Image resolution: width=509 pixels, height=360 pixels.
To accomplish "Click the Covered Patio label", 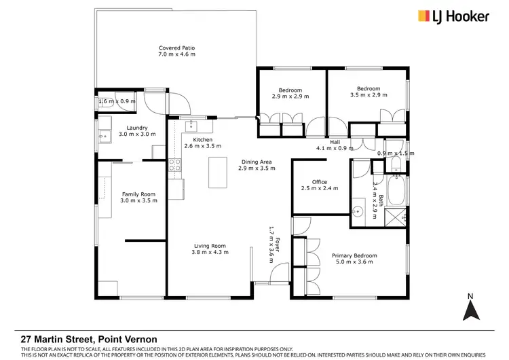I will coord(177,48).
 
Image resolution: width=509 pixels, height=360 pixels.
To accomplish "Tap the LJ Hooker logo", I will coord(453,16).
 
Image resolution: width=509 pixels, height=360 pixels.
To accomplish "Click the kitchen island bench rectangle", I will coord(218,173).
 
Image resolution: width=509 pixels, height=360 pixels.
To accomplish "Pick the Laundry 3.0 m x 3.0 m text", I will coord(137,130).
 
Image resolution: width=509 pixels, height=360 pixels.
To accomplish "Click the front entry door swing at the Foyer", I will coord(277,275).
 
